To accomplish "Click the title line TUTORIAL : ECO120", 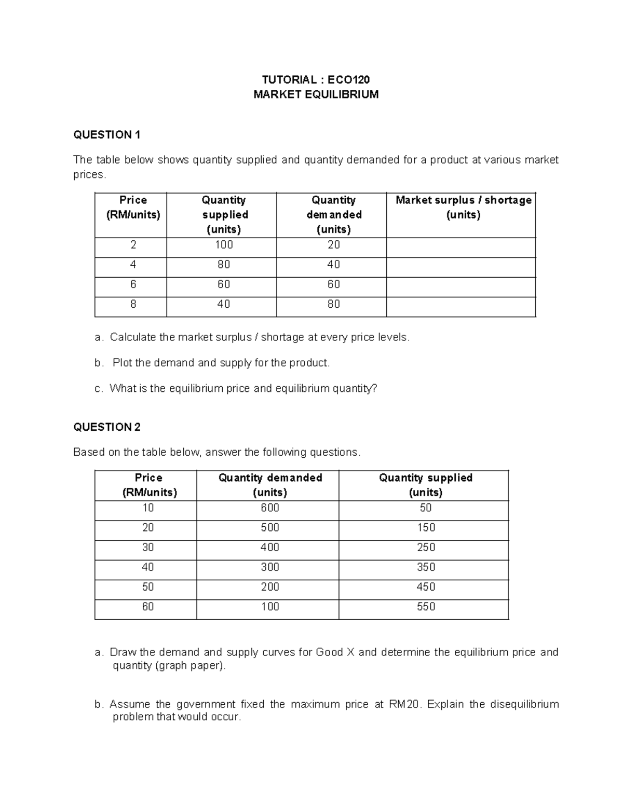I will [316, 79].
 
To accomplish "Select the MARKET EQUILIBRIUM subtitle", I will [316, 94].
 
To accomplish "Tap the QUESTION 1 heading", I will [107, 135].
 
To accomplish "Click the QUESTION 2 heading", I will [107, 427].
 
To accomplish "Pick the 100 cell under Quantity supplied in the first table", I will [224, 245].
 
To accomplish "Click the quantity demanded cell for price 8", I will [333, 304].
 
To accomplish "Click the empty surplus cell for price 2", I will [461, 248].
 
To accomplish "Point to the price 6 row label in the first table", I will [133, 284].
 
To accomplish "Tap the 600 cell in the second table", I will [270, 508].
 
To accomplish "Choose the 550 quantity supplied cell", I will [426, 607].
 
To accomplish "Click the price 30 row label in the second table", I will [148, 548].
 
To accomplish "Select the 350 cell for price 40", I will [426, 567].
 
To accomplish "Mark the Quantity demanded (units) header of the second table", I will [270, 485].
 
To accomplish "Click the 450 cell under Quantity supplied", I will [426, 587].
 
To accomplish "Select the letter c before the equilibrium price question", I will [99, 389].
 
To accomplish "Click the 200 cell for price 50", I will [270, 587].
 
